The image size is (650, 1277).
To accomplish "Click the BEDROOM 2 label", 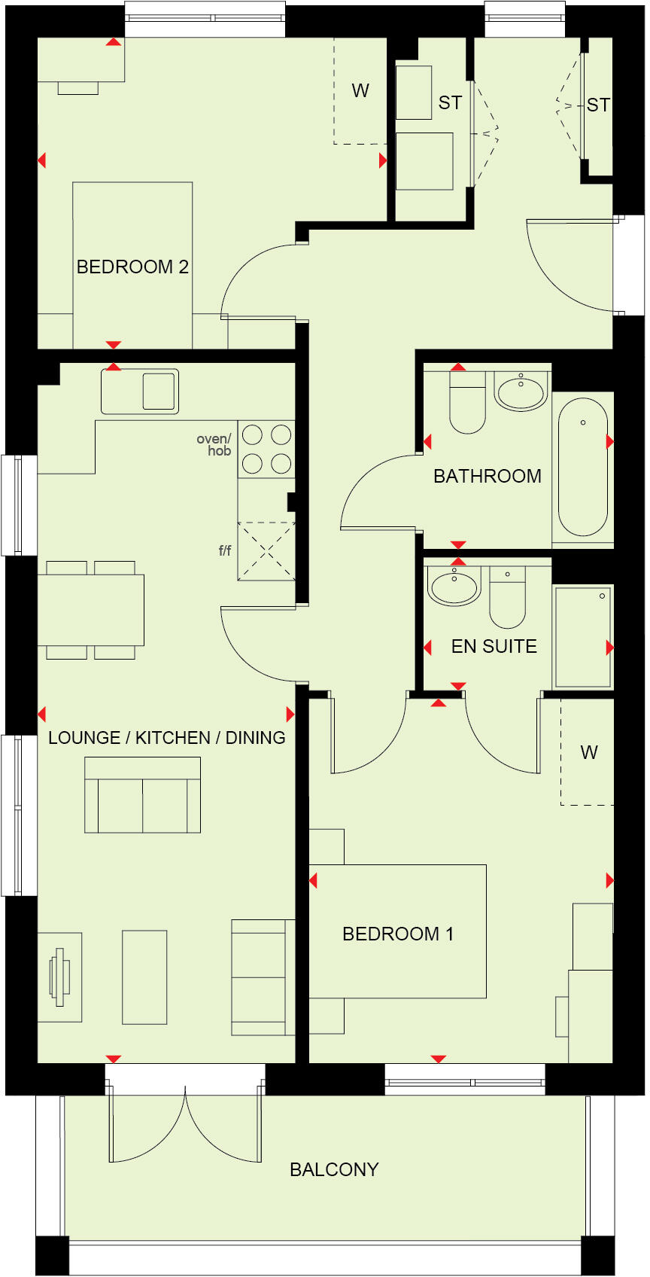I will [x=132, y=267].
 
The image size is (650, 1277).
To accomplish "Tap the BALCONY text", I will [x=334, y=1169].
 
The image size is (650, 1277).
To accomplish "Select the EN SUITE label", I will [x=494, y=647].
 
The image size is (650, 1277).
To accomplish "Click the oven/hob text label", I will [x=214, y=445].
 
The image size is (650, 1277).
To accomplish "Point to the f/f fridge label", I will [x=224, y=551].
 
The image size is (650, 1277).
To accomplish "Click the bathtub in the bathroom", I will [x=583, y=467].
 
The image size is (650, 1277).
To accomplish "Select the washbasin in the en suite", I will [x=454, y=587].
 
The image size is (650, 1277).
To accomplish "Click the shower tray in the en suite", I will [x=583, y=637].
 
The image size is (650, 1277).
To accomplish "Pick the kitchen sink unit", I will [x=140, y=392].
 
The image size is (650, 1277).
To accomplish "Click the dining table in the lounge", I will [x=91, y=610].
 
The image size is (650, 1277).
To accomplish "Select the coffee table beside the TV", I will [x=144, y=977].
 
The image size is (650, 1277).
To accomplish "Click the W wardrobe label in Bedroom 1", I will [x=589, y=752].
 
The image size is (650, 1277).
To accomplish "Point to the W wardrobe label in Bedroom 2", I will [x=360, y=91].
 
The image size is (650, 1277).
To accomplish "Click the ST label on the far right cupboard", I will [x=599, y=105].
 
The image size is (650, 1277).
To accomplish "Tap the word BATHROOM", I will [x=487, y=477].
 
